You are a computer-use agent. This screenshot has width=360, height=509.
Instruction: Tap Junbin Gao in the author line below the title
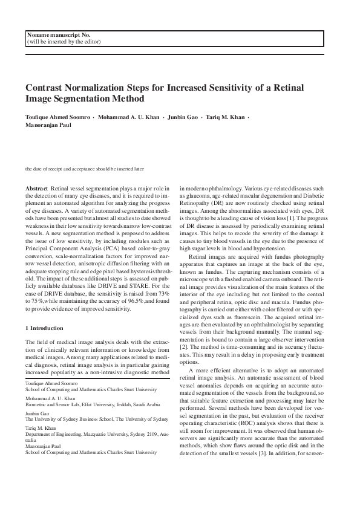click(x=166, y=115)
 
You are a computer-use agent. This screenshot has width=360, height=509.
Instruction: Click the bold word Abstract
click(x=39, y=189)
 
